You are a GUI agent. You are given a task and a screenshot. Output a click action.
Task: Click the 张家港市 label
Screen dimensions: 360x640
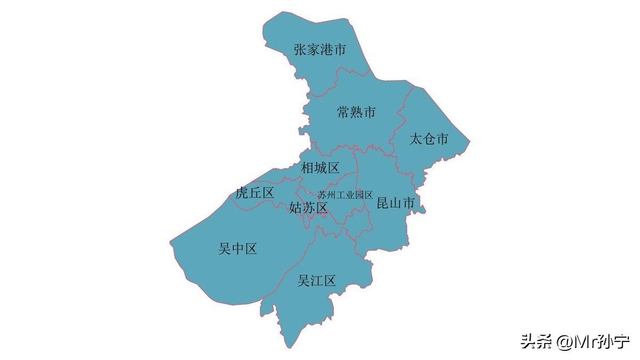pyautogui.click(x=320, y=50)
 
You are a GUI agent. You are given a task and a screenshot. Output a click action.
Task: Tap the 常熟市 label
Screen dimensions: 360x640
pyautogui.click(x=356, y=113)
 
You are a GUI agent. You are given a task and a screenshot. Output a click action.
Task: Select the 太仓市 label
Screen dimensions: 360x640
pyautogui.click(x=429, y=140)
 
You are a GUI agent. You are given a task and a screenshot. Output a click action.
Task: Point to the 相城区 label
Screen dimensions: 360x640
pyautogui.click(x=320, y=169)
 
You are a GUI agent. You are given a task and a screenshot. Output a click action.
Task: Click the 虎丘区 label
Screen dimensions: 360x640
pyautogui.click(x=254, y=193)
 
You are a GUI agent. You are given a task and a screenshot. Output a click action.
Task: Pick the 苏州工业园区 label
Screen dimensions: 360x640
pyautogui.click(x=345, y=195)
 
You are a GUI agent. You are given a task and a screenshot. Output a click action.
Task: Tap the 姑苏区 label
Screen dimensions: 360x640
pyautogui.click(x=308, y=208)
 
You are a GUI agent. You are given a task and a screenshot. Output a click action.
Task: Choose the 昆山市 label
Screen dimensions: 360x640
pyautogui.click(x=396, y=203)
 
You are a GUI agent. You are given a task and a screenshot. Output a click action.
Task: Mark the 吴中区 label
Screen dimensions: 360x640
pyautogui.click(x=238, y=249)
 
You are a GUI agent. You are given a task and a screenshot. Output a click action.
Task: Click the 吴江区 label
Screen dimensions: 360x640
pyautogui.click(x=317, y=281)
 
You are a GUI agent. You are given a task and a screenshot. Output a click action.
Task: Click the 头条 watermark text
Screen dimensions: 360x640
pyautogui.click(x=537, y=341)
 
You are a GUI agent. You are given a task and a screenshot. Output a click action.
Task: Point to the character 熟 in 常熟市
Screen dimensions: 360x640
pyautogui.click(x=356, y=113)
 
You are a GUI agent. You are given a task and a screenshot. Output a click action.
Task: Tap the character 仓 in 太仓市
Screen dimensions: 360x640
pyautogui.click(x=429, y=140)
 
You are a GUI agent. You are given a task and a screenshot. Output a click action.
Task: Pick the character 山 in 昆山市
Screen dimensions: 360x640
pyautogui.click(x=396, y=203)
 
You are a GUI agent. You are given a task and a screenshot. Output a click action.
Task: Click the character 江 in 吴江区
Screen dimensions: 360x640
pyautogui.click(x=317, y=281)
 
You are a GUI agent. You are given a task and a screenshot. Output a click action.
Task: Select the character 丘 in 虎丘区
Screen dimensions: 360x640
pyautogui.click(x=254, y=193)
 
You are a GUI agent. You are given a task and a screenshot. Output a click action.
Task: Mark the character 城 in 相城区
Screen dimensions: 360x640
pyautogui.click(x=320, y=169)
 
